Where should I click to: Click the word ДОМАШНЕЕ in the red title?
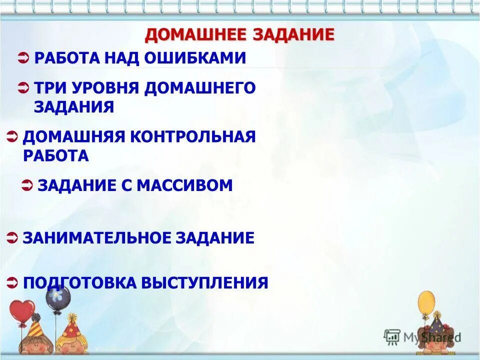point(196,34)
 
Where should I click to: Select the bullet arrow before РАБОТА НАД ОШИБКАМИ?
point(23,58)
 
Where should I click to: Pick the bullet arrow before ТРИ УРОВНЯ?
point(23,88)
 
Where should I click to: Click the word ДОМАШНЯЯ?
point(74,136)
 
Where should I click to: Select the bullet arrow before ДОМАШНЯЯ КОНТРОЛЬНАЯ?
point(13,136)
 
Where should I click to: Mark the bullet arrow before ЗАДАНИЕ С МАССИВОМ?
point(28,185)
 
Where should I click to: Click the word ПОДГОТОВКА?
point(79,283)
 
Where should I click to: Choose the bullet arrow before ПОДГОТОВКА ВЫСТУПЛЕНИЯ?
point(13,283)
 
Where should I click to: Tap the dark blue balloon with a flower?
point(58,297)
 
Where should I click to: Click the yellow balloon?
point(426,303)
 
